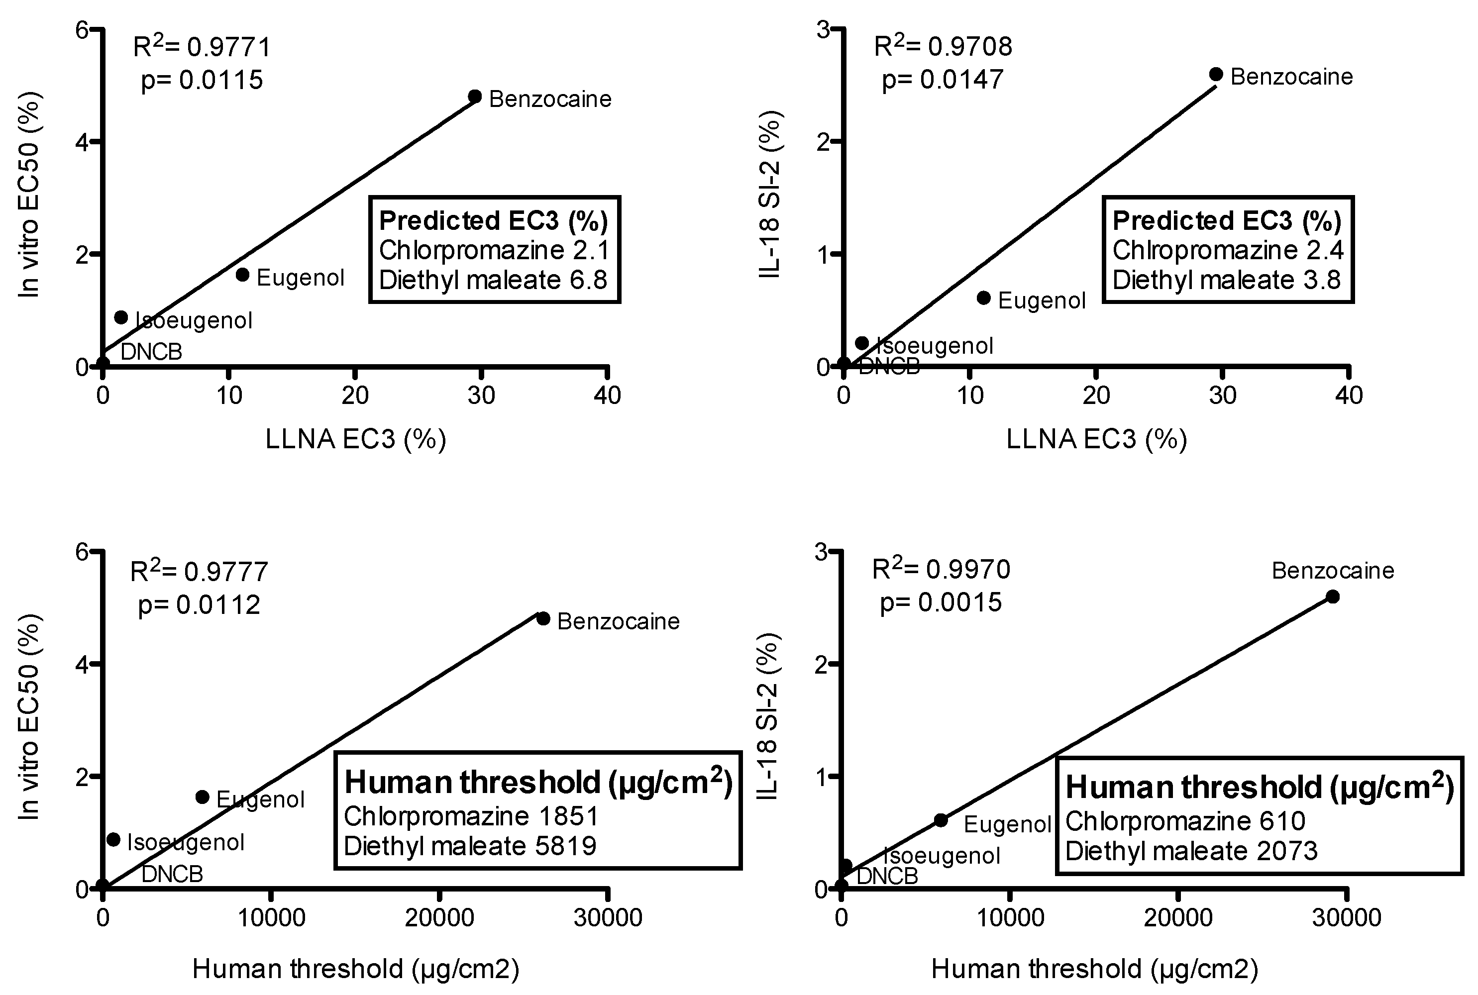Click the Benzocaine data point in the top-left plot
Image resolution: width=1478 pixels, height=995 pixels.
(475, 97)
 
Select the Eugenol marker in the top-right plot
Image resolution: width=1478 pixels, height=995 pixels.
(984, 298)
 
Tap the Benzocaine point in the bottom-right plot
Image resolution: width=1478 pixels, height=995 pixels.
(1333, 597)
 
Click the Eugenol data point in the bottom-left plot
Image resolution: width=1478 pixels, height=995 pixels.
(203, 797)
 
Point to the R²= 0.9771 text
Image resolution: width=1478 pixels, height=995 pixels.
(202, 47)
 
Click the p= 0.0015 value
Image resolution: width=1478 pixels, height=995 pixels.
(941, 602)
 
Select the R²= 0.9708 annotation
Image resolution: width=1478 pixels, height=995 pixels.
(943, 47)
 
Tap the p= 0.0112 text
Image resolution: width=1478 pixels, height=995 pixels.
(199, 605)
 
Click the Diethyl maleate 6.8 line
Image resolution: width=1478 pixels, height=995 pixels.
(493, 280)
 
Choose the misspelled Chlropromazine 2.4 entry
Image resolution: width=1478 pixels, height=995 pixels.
(1227, 250)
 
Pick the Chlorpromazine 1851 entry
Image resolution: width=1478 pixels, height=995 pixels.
(471, 816)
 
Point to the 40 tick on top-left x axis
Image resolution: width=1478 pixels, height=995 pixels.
(607, 396)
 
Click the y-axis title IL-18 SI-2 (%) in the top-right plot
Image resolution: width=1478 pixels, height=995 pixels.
(769, 196)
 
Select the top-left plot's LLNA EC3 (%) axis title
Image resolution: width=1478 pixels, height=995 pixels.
(355, 439)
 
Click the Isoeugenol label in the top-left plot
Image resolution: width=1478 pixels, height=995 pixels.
(194, 320)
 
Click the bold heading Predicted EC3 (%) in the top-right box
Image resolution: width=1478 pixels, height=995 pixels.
(1227, 220)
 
